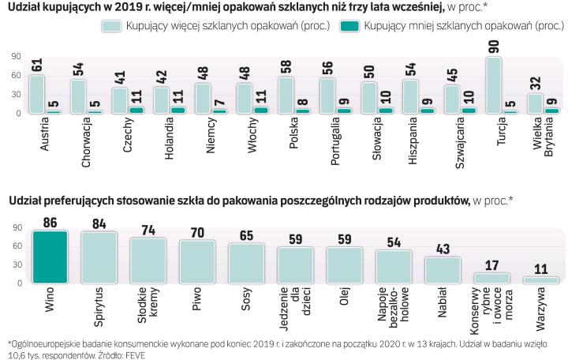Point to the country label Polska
293,138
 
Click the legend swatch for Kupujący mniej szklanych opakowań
348,26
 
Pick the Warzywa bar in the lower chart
541,279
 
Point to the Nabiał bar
443,269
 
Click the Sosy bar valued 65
246,263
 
